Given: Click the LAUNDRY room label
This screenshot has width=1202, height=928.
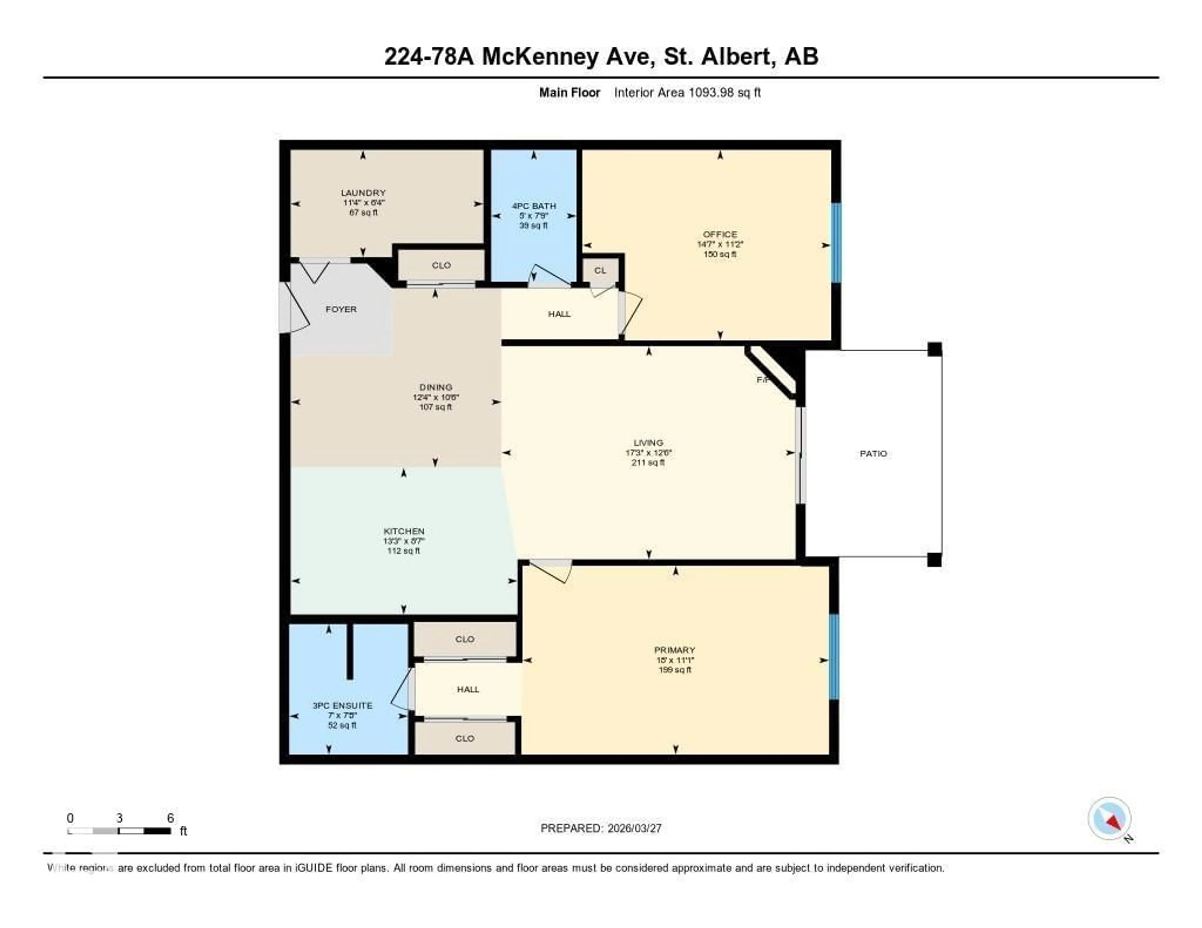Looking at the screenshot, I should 363,192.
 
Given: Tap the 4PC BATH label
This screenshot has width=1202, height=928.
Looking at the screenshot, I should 533,206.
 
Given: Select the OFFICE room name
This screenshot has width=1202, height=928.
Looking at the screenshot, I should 719,234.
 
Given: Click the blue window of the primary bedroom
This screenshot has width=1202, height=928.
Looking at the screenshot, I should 834,656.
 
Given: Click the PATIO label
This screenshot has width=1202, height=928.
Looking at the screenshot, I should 873,453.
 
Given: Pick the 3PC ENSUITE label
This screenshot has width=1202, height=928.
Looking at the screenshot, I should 342,705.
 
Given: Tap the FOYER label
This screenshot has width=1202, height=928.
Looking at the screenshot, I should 341,309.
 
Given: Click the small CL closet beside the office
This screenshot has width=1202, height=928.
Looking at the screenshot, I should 600,270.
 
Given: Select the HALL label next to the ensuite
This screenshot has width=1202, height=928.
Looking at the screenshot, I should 468,689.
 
